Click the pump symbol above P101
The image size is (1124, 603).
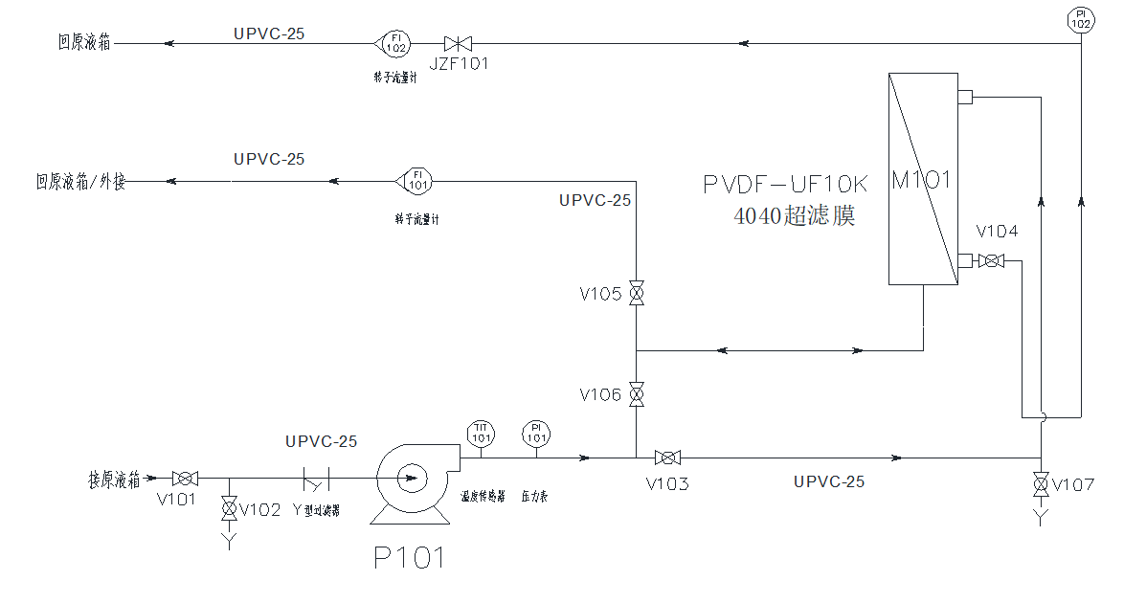click(x=409, y=478)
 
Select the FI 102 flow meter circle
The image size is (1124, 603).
click(x=394, y=43)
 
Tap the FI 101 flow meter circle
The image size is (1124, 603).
click(x=416, y=180)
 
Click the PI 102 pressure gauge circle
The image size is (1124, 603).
click(x=1080, y=18)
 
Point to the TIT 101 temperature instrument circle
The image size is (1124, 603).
click(x=480, y=434)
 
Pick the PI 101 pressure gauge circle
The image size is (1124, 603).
click(x=536, y=434)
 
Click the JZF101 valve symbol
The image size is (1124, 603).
click(x=458, y=43)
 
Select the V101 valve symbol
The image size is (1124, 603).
click(x=185, y=478)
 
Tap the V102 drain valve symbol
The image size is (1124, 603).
click(x=230, y=507)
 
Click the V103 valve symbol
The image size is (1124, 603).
click(x=667, y=458)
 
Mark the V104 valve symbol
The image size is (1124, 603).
click(x=995, y=260)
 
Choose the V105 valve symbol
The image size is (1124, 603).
click(x=636, y=294)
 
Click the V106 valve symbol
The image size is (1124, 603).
click(x=636, y=394)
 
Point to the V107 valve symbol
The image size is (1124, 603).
click(x=1041, y=484)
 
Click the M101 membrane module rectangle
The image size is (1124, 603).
click(x=923, y=179)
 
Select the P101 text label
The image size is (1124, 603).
click(x=409, y=558)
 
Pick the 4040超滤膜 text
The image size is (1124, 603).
click(x=794, y=216)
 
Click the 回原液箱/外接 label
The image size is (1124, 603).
click(x=80, y=181)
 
